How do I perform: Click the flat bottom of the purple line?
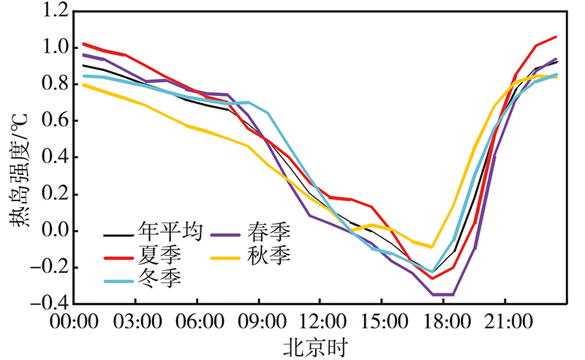442,294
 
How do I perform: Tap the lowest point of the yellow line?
432,247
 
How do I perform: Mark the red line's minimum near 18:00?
432,278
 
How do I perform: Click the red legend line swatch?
117,256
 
